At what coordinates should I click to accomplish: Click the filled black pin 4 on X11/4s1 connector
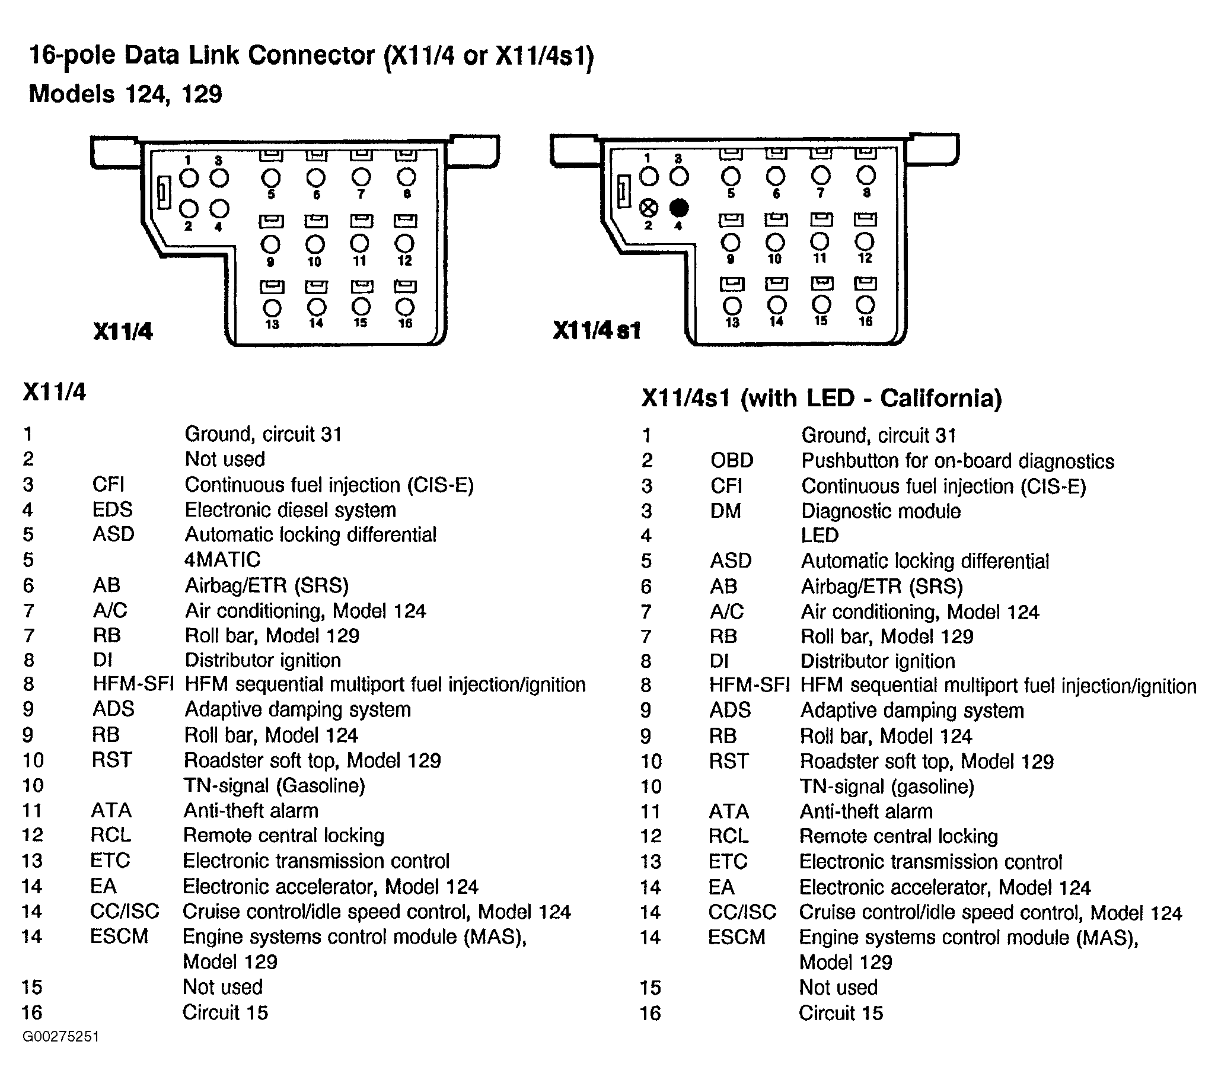pyautogui.click(x=679, y=208)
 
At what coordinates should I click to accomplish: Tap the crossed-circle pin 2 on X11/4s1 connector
pyautogui.click(x=649, y=208)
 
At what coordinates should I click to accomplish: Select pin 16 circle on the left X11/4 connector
pyautogui.click(x=405, y=307)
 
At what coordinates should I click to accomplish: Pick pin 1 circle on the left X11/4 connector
pyautogui.click(x=189, y=177)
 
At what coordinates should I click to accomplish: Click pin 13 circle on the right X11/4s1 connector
pyautogui.click(x=732, y=306)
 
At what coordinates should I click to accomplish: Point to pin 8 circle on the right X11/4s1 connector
pyautogui.click(x=866, y=176)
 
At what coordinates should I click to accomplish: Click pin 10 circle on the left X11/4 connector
pyautogui.click(x=315, y=244)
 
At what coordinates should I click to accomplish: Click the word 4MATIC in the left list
pyautogui.click(x=222, y=560)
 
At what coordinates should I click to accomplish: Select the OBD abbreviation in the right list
pyautogui.click(x=732, y=461)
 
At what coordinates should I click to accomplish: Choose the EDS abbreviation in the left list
pyautogui.click(x=112, y=509)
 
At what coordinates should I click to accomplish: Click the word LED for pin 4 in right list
pyautogui.click(x=820, y=535)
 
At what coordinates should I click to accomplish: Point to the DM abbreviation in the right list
pyautogui.click(x=725, y=511)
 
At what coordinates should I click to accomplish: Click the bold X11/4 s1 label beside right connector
pyautogui.click(x=597, y=330)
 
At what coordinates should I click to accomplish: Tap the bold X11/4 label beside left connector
pyautogui.click(x=123, y=331)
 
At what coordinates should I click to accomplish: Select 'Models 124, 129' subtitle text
pyautogui.click(x=125, y=94)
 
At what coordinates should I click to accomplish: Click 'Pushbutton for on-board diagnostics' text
pyautogui.click(x=957, y=461)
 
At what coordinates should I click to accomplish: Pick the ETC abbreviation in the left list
pyautogui.click(x=110, y=861)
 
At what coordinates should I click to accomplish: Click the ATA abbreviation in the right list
pyautogui.click(x=728, y=811)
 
